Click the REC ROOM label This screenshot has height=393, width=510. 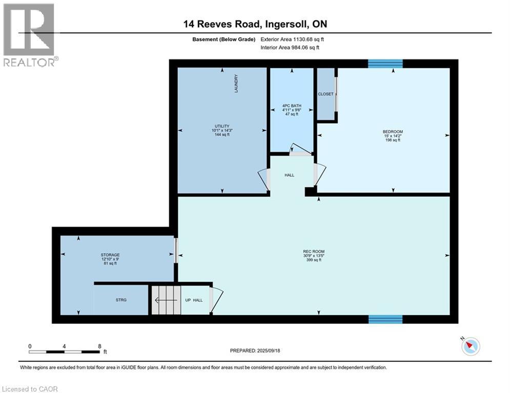[x=314, y=251]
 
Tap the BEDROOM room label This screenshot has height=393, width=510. [x=393, y=132]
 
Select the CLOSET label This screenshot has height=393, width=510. [x=325, y=94]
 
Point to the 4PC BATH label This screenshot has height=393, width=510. [x=292, y=105]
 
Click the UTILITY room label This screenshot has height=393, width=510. [x=222, y=126]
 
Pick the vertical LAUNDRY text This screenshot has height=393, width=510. [x=236, y=83]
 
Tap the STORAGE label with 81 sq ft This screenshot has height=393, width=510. [x=110, y=255]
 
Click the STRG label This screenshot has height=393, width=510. [x=121, y=300]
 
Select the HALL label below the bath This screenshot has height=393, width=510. [x=290, y=175]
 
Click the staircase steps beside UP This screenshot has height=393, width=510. [x=166, y=300]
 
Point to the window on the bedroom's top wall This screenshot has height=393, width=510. [x=385, y=63]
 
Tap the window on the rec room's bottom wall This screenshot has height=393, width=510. [x=385, y=319]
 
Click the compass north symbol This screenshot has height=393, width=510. [x=471, y=346]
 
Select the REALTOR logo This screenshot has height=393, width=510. [x=30, y=35]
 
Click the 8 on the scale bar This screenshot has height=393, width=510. [x=99, y=346]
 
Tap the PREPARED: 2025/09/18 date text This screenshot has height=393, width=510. [x=255, y=351]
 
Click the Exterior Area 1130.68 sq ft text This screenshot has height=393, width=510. [x=292, y=39]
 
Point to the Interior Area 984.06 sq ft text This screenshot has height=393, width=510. [x=290, y=48]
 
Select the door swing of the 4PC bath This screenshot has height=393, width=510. [x=301, y=149]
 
